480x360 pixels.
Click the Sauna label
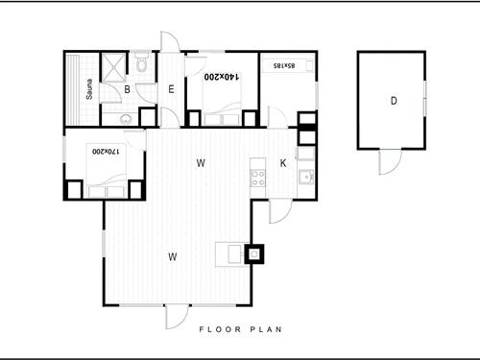[x=89, y=89]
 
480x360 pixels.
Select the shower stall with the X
[x=113, y=66]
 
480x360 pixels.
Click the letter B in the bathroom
[x=127, y=89]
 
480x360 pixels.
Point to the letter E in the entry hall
[x=171, y=89]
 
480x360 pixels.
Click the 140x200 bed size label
[x=222, y=77]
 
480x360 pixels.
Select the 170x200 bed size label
[x=106, y=151]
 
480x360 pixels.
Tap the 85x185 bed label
[x=284, y=65]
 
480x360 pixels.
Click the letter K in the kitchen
[x=283, y=163]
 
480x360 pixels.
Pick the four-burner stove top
[x=258, y=179]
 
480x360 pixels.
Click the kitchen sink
[x=306, y=177]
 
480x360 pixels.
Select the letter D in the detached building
[x=394, y=101]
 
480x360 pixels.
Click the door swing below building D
[x=390, y=162]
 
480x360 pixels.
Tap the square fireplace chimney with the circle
[x=254, y=254]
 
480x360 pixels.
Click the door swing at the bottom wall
[x=177, y=317]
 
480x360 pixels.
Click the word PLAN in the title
[x=266, y=329]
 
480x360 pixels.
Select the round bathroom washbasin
[x=126, y=119]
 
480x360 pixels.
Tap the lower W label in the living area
[x=173, y=256]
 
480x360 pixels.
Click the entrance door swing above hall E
[x=170, y=41]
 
